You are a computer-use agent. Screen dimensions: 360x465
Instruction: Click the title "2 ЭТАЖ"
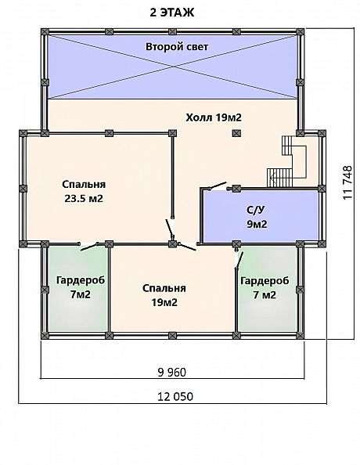click(172, 13)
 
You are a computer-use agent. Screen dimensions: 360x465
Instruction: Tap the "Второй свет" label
click(177, 47)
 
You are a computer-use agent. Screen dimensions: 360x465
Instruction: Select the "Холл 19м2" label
click(214, 117)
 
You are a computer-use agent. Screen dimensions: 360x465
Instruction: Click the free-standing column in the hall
click(236, 133)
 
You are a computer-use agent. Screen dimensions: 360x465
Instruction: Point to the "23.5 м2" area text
click(84, 198)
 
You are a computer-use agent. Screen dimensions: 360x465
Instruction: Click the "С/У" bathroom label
click(255, 210)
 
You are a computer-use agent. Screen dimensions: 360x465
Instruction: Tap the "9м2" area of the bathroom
click(257, 224)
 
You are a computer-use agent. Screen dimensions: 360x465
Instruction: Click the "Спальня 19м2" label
click(164, 295)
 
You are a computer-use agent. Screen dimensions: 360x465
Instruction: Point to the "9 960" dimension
click(172, 372)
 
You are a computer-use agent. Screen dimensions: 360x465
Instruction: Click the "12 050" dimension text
click(175, 396)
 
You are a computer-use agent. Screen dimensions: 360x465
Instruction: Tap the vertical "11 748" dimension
click(347, 182)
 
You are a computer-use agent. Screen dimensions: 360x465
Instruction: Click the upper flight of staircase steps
click(286, 146)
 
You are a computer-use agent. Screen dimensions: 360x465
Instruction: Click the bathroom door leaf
click(218, 186)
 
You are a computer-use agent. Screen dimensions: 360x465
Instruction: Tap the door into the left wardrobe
click(89, 247)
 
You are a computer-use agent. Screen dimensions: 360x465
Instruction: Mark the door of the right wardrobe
click(239, 260)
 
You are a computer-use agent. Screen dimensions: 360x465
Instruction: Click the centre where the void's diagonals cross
click(173, 67)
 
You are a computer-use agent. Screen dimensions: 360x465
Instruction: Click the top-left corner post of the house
click(45, 32)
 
